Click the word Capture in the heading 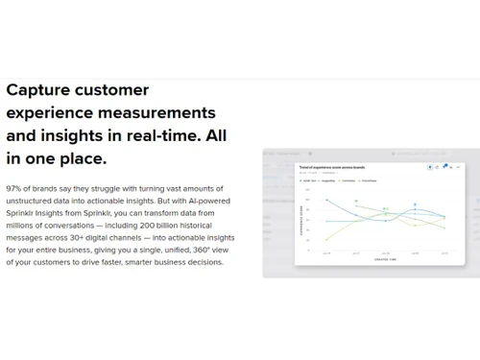coord(39,90)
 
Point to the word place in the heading coord(83,156)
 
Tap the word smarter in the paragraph coord(144,262)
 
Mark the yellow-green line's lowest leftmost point coord(326,240)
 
